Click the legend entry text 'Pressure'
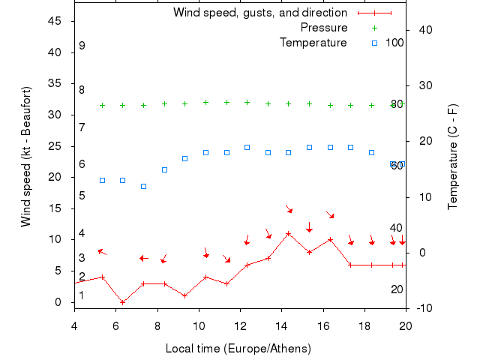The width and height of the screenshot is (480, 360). click(x=324, y=28)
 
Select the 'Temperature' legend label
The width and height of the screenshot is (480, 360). click(x=313, y=43)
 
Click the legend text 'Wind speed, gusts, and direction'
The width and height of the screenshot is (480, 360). click(x=259, y=13)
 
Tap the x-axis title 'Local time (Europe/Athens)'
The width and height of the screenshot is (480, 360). click(x=238, y=349)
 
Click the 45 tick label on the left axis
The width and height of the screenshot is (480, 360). click(x=54, y=21)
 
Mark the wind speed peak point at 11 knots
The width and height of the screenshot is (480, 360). click(x=288, y=233)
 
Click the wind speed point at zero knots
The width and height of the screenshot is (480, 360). click(x=123, y=302)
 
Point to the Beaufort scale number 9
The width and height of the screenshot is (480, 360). click(x=82, y=46)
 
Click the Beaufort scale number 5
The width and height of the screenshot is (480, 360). click(x=82, y=196)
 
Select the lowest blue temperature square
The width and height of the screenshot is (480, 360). click(x=144, y=186)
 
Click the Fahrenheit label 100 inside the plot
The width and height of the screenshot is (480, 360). click(x=394, y=43)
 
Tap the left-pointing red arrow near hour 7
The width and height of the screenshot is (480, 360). click(x=143, y=258)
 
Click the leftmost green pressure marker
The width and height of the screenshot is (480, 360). click(x=102, y=105)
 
